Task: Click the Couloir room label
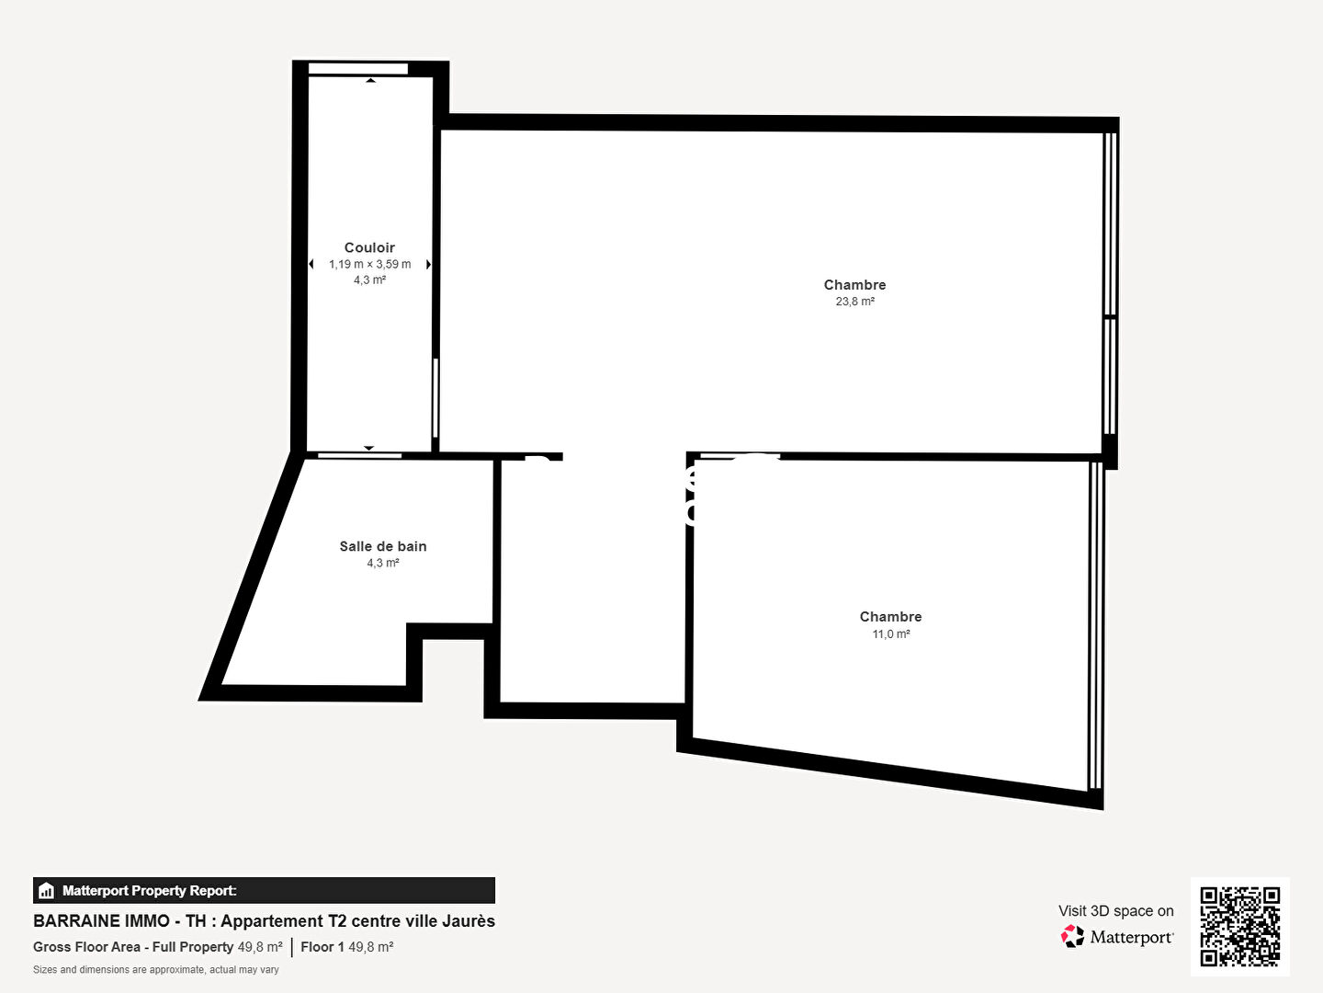[369, 247]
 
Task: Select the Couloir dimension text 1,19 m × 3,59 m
[369, 264]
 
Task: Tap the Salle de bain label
[383, 546]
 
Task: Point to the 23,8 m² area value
[854, 302]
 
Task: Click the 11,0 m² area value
[891, 633]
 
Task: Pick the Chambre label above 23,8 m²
[854, 285]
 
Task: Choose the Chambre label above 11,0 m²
[890, 616]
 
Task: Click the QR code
[1239, 926]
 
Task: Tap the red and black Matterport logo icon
[1072, 936]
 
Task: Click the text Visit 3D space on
[1115, 911]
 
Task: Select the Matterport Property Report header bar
[264, 891]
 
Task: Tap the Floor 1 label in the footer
[322, 947]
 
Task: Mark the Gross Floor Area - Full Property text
[133, 947]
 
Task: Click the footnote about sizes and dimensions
[156, 969]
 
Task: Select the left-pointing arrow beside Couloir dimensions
[311, 264]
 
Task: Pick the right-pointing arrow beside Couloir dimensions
[428, 264]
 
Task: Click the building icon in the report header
[46, 891]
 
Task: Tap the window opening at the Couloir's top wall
[358, 69]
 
